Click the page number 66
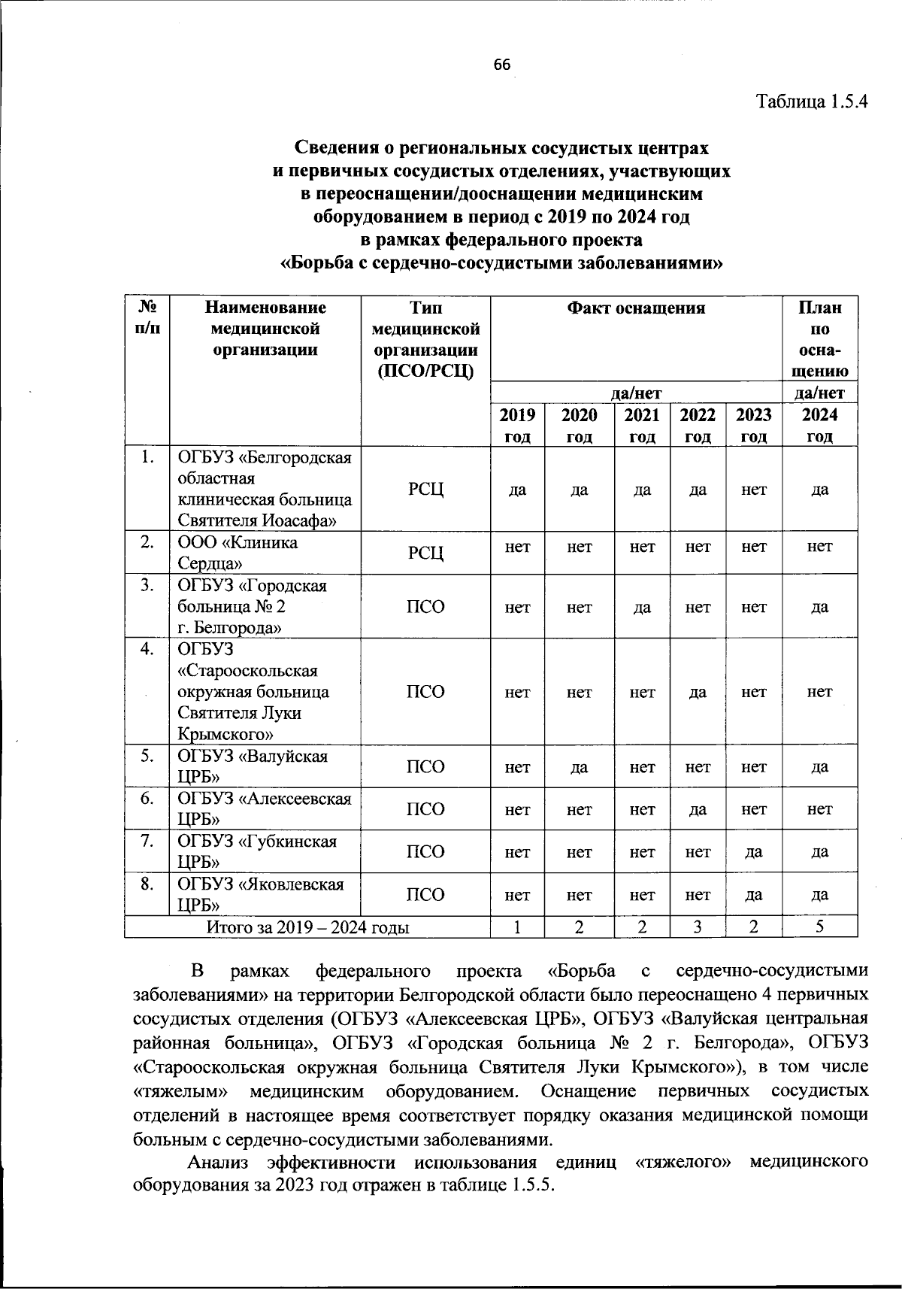(x=501, y=65)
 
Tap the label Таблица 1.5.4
(x=812, y=102)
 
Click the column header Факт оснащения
(x=636, y=308)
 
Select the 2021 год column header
(x=641, y=426)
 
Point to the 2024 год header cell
(x=819, y=426)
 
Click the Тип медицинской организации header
(x=425, y=339)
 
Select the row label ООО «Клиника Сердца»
(x=237, y=553)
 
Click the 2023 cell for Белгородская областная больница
(x=753, y=490)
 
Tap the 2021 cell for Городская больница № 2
(x=641, y=607)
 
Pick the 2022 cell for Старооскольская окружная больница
(x=698, y=692)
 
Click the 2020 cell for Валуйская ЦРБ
(x=579, y=767)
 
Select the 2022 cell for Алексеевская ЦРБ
(x=698, y=809)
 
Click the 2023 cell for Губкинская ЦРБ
(x=753, y=852)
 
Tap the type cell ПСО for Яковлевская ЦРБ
(x=425, y=895)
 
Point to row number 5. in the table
(x=147, y=757)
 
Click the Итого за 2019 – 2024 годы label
(x=307, y=927)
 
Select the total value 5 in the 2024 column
(x=819, y=927)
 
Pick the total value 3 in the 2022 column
(x=698, y=927)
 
